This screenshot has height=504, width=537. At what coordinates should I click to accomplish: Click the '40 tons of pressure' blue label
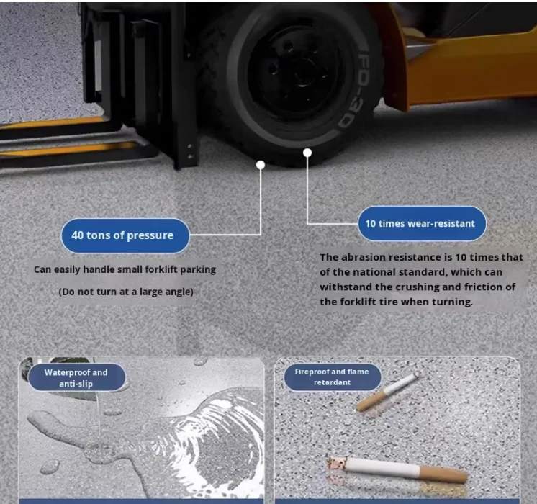click(125, 235)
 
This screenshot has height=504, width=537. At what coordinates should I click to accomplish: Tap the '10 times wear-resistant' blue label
click(422, 224)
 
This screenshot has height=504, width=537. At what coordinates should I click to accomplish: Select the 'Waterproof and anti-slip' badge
click(77, 377)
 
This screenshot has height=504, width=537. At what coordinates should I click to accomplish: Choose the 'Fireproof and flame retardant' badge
click(332, 377)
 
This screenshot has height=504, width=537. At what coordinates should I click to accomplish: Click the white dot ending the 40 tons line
click(261, 165)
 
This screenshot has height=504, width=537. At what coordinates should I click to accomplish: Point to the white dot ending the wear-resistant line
click(307, 153)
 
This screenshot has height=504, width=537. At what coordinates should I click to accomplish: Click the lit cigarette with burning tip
click(397, 469)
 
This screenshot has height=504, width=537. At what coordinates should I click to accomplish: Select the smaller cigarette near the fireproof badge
click(388, 391)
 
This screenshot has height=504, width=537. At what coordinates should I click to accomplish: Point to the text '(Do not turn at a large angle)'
click(126, 292)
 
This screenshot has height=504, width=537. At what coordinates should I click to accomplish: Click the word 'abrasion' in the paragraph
click(361, 257)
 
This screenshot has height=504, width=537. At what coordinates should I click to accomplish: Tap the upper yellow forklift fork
click(55, 123)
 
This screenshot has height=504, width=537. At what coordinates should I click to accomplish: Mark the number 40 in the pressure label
click(78, 235)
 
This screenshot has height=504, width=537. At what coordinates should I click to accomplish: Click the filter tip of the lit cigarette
click(444, 474)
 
